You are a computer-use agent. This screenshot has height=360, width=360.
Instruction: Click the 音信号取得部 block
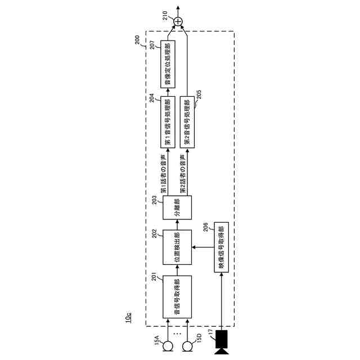click(177, 297)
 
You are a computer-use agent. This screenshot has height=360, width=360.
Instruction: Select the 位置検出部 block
click(177, 247)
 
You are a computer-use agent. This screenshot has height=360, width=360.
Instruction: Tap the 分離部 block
click(177, 208)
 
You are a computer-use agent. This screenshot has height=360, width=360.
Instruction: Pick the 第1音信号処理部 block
click(168, 121)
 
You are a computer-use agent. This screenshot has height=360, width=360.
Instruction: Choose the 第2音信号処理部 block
click(187, 121)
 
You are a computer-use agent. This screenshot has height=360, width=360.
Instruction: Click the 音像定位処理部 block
click(168, 64)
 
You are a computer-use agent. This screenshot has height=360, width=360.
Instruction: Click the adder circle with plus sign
click(178, 22)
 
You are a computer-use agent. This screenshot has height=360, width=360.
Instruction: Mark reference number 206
click(206, 227)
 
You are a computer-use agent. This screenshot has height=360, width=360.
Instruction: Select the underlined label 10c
click(128, 318)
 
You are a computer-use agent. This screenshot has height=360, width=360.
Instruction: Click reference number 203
click(156, 198)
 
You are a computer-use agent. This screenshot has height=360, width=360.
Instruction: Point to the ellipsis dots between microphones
click(177, 333)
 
